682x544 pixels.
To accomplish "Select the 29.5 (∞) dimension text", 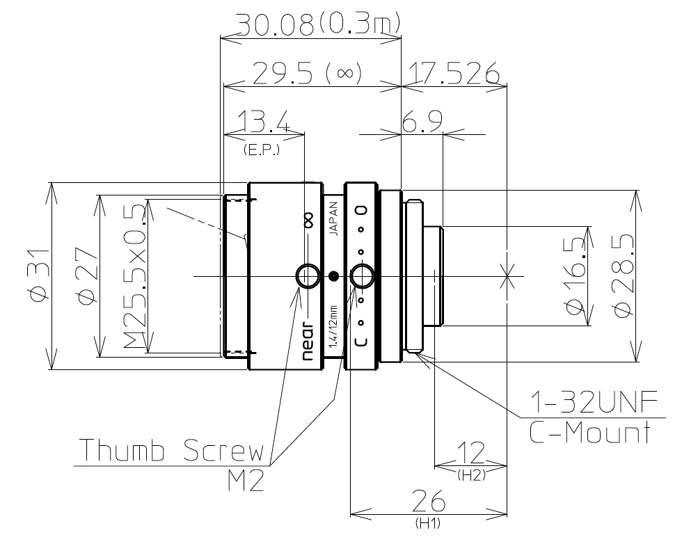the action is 307,72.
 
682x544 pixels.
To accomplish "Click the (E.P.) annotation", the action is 261,150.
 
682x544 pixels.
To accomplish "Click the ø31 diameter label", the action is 39,275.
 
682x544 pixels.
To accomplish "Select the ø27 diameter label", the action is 86,275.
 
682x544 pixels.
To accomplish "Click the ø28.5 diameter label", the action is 624,275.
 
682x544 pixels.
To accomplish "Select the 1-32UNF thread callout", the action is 594,402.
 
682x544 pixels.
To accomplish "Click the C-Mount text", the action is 590,432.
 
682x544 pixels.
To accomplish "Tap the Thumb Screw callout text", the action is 172,450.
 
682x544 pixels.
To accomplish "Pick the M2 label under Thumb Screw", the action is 246,481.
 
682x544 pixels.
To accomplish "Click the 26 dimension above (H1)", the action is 429,500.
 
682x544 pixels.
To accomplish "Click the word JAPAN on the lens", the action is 333,218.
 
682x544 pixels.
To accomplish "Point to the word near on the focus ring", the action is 308,342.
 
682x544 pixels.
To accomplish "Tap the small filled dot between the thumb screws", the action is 333,275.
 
